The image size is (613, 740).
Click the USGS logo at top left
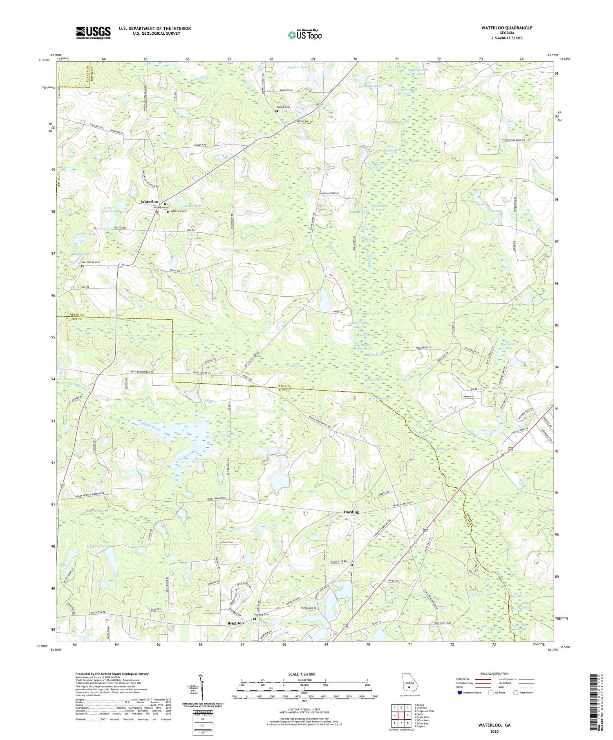click(x=93, y=33)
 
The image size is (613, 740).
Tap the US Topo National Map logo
click(x=304, y=35)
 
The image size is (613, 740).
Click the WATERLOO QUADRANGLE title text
click(x=507, y=28)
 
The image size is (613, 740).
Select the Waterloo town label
click(x=149, y=202)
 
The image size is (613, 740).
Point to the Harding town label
click(x=351, y=512)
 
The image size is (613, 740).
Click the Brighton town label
click(x=235, y=623)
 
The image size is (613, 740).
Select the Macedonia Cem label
click(x=91, y=262)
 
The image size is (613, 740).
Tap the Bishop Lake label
click(x=193, y=206)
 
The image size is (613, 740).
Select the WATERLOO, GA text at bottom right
click(x=494, y=725)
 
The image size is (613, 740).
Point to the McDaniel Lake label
click(x=370, y=87)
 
